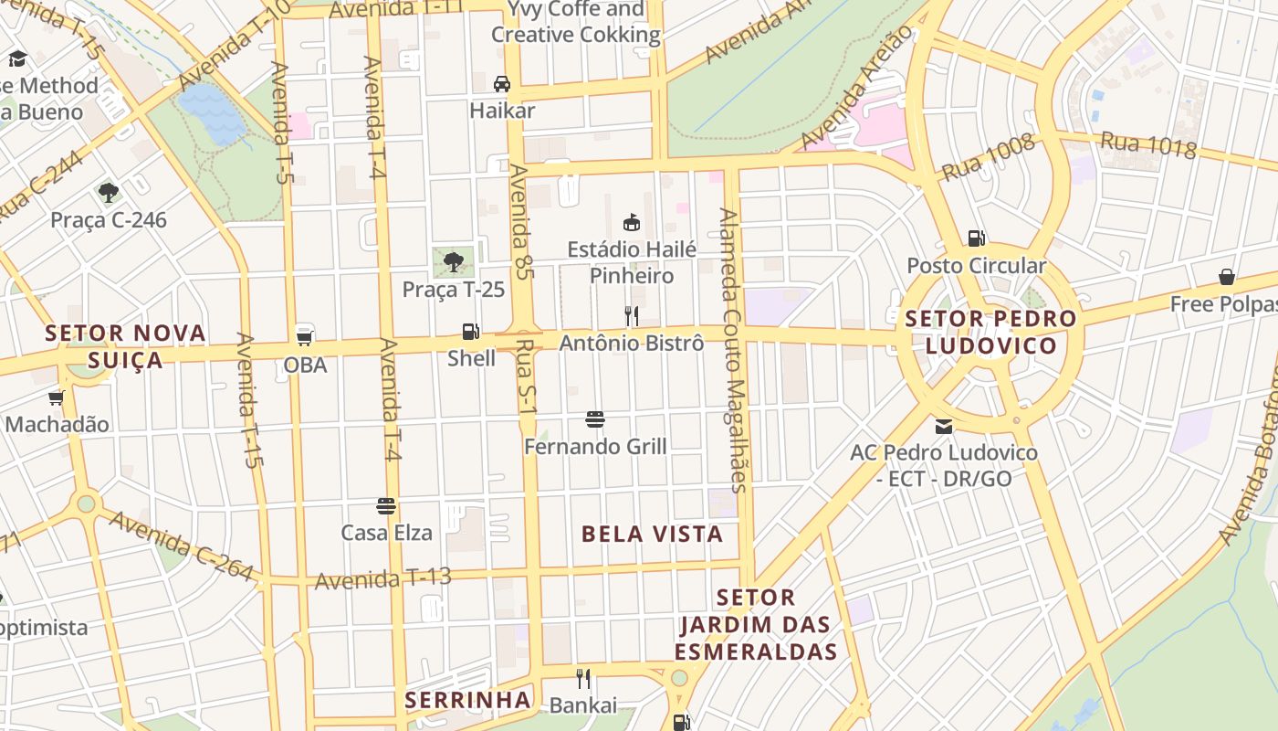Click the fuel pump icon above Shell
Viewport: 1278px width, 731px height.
point(470,332)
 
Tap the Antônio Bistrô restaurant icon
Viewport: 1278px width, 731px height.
point(631,316)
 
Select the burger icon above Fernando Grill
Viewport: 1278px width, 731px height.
point(595,420)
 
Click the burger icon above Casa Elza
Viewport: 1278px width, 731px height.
point(386,506)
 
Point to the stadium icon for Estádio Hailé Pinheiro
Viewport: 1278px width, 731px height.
point(631,222)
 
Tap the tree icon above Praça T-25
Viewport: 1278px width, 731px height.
point(453,263)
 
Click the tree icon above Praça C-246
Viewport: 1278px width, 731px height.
point(109,193)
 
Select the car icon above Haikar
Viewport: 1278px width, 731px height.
point(501,84)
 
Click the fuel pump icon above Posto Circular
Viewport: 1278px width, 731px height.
point(976,238)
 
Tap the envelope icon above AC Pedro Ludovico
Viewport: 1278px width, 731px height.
point(943,426)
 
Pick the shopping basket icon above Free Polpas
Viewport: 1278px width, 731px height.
point(1227,277)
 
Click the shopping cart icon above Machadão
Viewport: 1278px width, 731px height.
point(56,397)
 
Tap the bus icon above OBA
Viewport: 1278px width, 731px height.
point(305,336)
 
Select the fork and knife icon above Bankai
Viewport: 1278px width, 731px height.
point(583,679)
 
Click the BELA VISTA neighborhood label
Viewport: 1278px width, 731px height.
point(652,534)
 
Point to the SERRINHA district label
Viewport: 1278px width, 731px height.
point(467,700)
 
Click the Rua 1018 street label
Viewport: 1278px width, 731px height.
point(1147,144)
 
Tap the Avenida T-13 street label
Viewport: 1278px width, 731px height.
point(383,578)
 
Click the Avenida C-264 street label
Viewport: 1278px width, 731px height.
point(181,546)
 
